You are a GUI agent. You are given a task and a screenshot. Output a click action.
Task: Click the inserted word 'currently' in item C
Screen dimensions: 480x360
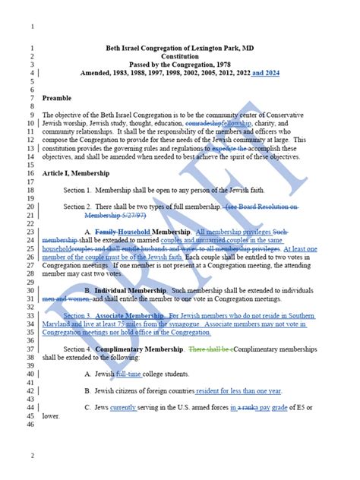pos(124,408)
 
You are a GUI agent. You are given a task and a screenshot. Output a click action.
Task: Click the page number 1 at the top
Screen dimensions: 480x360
pos(32,27)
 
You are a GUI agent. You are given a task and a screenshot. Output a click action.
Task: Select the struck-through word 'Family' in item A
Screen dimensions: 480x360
pos(105,232)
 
